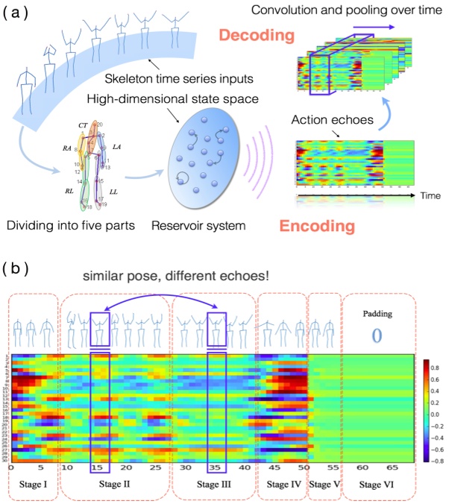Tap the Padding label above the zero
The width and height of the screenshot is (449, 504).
coord(377,313)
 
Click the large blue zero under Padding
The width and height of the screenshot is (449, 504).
coord(377,335)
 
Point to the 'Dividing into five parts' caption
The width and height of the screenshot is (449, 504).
coord(70,224)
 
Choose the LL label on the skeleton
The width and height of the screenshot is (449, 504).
coord(114,192)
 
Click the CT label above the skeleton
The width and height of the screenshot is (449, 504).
coord(83,124)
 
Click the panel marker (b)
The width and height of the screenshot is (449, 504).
coord(19,266)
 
